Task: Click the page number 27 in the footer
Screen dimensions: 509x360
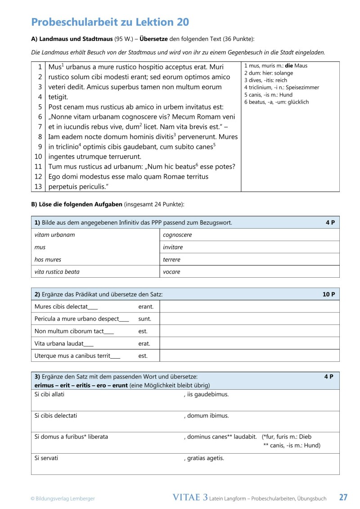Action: click(x=343, y=497)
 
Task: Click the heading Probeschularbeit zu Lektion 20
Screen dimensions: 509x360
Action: click(x=110, y=22)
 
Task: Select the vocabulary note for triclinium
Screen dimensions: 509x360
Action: click(x=281, y=87)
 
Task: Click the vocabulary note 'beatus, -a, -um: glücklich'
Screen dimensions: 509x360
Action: click(x=276, y=102)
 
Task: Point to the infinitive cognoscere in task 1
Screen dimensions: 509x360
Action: click(x=177, y=235)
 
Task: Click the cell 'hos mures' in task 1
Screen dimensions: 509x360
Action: click(x=48, y=260)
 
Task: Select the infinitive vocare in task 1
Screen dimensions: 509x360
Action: click(x=171, y=272)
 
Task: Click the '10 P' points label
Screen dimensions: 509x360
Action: click(x=328, y=294)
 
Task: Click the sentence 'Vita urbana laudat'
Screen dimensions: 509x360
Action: click(x=64, y=343)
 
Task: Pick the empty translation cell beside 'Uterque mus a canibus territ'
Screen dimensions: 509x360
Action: click(x=249, y=356)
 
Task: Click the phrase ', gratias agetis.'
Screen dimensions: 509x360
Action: click(x=204, y=458)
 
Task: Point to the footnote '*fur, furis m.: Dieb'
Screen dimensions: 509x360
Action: click(x=286, y=437)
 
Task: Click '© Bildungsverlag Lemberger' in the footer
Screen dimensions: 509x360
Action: click(x=63, y=498)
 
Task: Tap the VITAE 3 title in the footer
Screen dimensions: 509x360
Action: click(x=190, y=497)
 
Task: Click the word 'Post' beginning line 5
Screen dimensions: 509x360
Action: click(x=55, y=107)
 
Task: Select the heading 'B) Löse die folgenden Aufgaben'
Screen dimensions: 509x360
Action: click(x=76, y=204)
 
